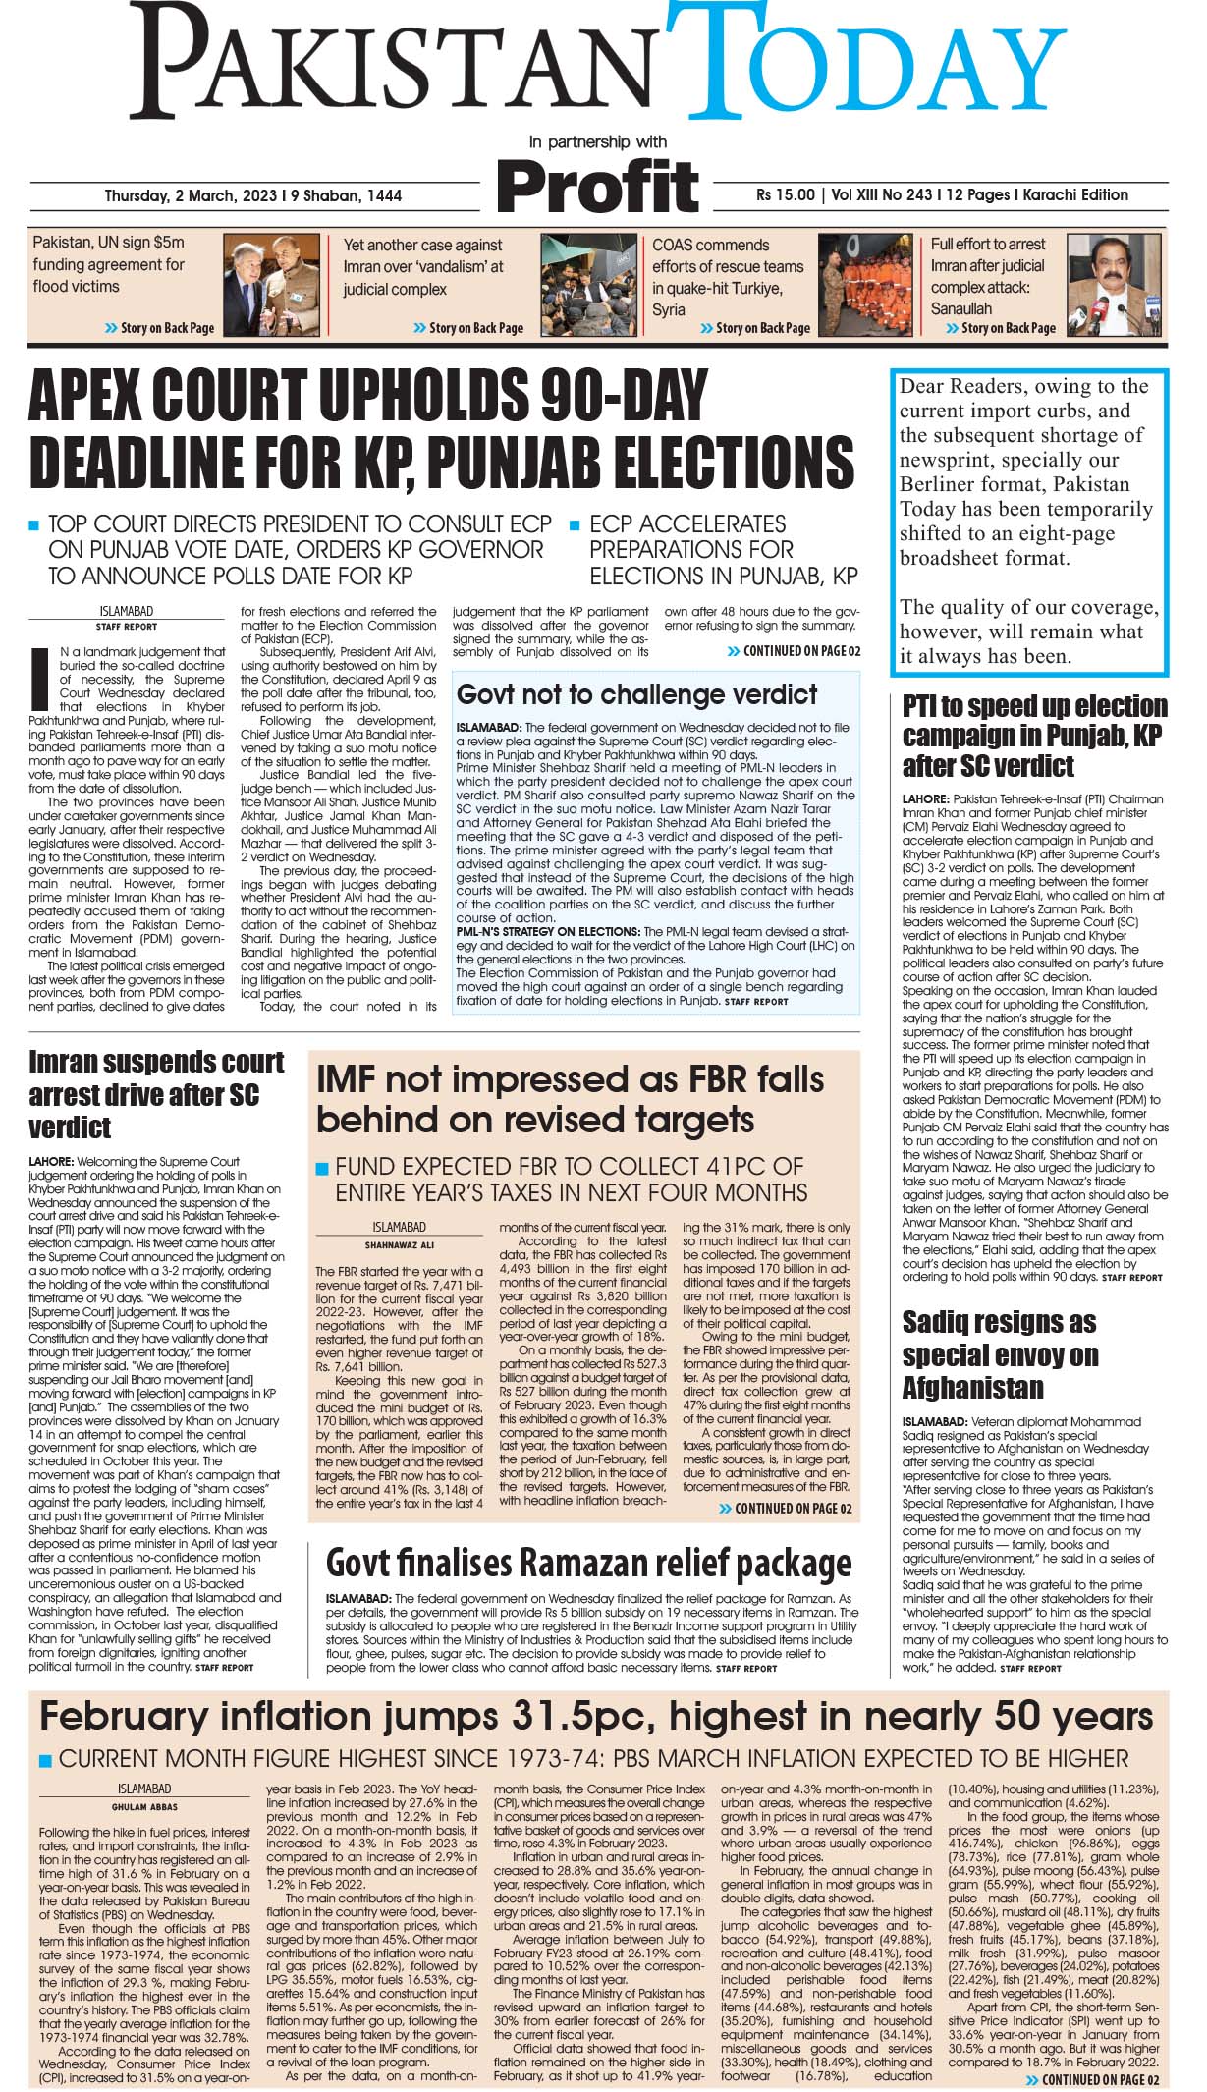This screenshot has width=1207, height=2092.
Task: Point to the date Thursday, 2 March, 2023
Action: (252, 195)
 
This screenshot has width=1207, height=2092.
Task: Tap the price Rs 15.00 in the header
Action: (785, 194)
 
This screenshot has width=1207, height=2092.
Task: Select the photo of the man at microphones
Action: (1114, 287)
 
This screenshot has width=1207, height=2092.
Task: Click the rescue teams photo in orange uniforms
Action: (863, 287)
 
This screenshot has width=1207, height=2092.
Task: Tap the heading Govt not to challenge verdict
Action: (636, 694)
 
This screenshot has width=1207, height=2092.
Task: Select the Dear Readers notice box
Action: (1029, 522)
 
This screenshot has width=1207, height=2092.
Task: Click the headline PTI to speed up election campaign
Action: (1034, 735)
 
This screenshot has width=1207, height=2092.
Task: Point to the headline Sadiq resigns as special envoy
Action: (999, 1354)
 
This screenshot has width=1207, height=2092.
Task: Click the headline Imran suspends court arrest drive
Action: (155, 1093)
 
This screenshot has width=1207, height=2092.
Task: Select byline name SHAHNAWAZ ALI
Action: (399, 1244)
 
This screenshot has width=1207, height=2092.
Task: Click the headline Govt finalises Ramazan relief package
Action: (588, 1565)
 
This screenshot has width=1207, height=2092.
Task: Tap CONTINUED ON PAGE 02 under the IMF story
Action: (789, 1509)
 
